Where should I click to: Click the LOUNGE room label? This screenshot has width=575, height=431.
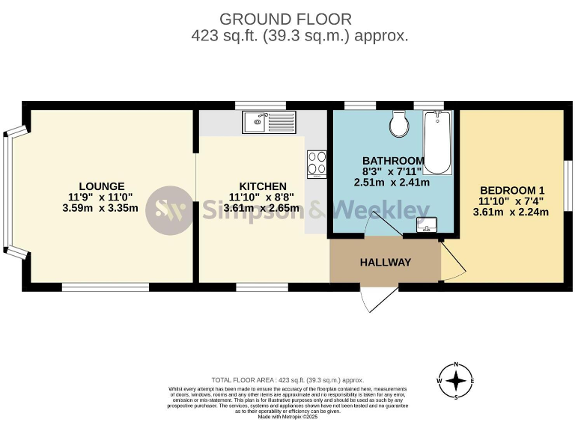tap(101, 186)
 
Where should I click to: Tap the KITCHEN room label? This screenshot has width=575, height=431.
tap(262, 186)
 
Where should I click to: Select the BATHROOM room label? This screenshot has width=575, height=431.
tap(393, 161)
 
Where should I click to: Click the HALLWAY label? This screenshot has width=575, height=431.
tap(385, 262)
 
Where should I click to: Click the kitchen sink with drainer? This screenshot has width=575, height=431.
tap(270, 121)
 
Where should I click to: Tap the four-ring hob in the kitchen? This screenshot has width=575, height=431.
tap(317, 162)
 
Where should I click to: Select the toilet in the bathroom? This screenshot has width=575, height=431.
tap(399, 123)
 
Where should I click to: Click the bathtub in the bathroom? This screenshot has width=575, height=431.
tap(436, 142)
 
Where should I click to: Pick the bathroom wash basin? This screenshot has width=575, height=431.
tap(426, 224)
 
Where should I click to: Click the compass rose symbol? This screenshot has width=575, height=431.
tap(455, 380)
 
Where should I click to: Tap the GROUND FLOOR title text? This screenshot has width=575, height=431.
tap(287, 19)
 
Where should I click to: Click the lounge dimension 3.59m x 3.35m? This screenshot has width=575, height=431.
tap(102, 208)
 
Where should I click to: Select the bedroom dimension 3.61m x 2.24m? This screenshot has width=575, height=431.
tap(511, 212)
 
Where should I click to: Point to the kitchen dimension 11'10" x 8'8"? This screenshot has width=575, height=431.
tap(262, 198)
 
